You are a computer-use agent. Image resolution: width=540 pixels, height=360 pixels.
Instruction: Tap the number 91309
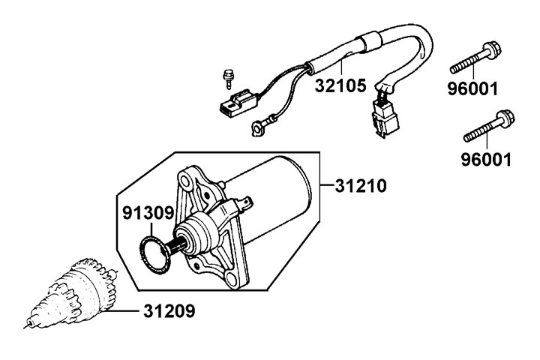pyautogui.click(x=148, y=212)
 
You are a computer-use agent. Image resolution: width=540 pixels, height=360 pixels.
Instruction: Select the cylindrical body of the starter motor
pyautogui.click(x=277, y=187)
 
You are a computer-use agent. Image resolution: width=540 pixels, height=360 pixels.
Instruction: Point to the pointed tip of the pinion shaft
pyautogui.click(x=28, y=325)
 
